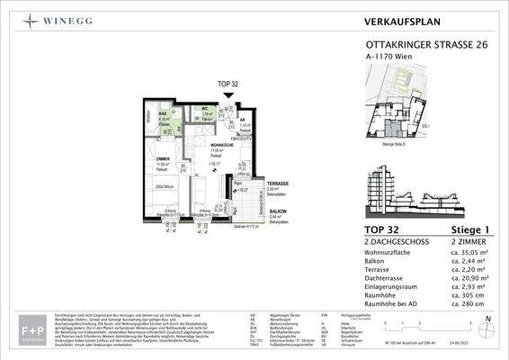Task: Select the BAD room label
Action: [164, 113]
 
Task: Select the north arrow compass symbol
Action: [487, 328]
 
